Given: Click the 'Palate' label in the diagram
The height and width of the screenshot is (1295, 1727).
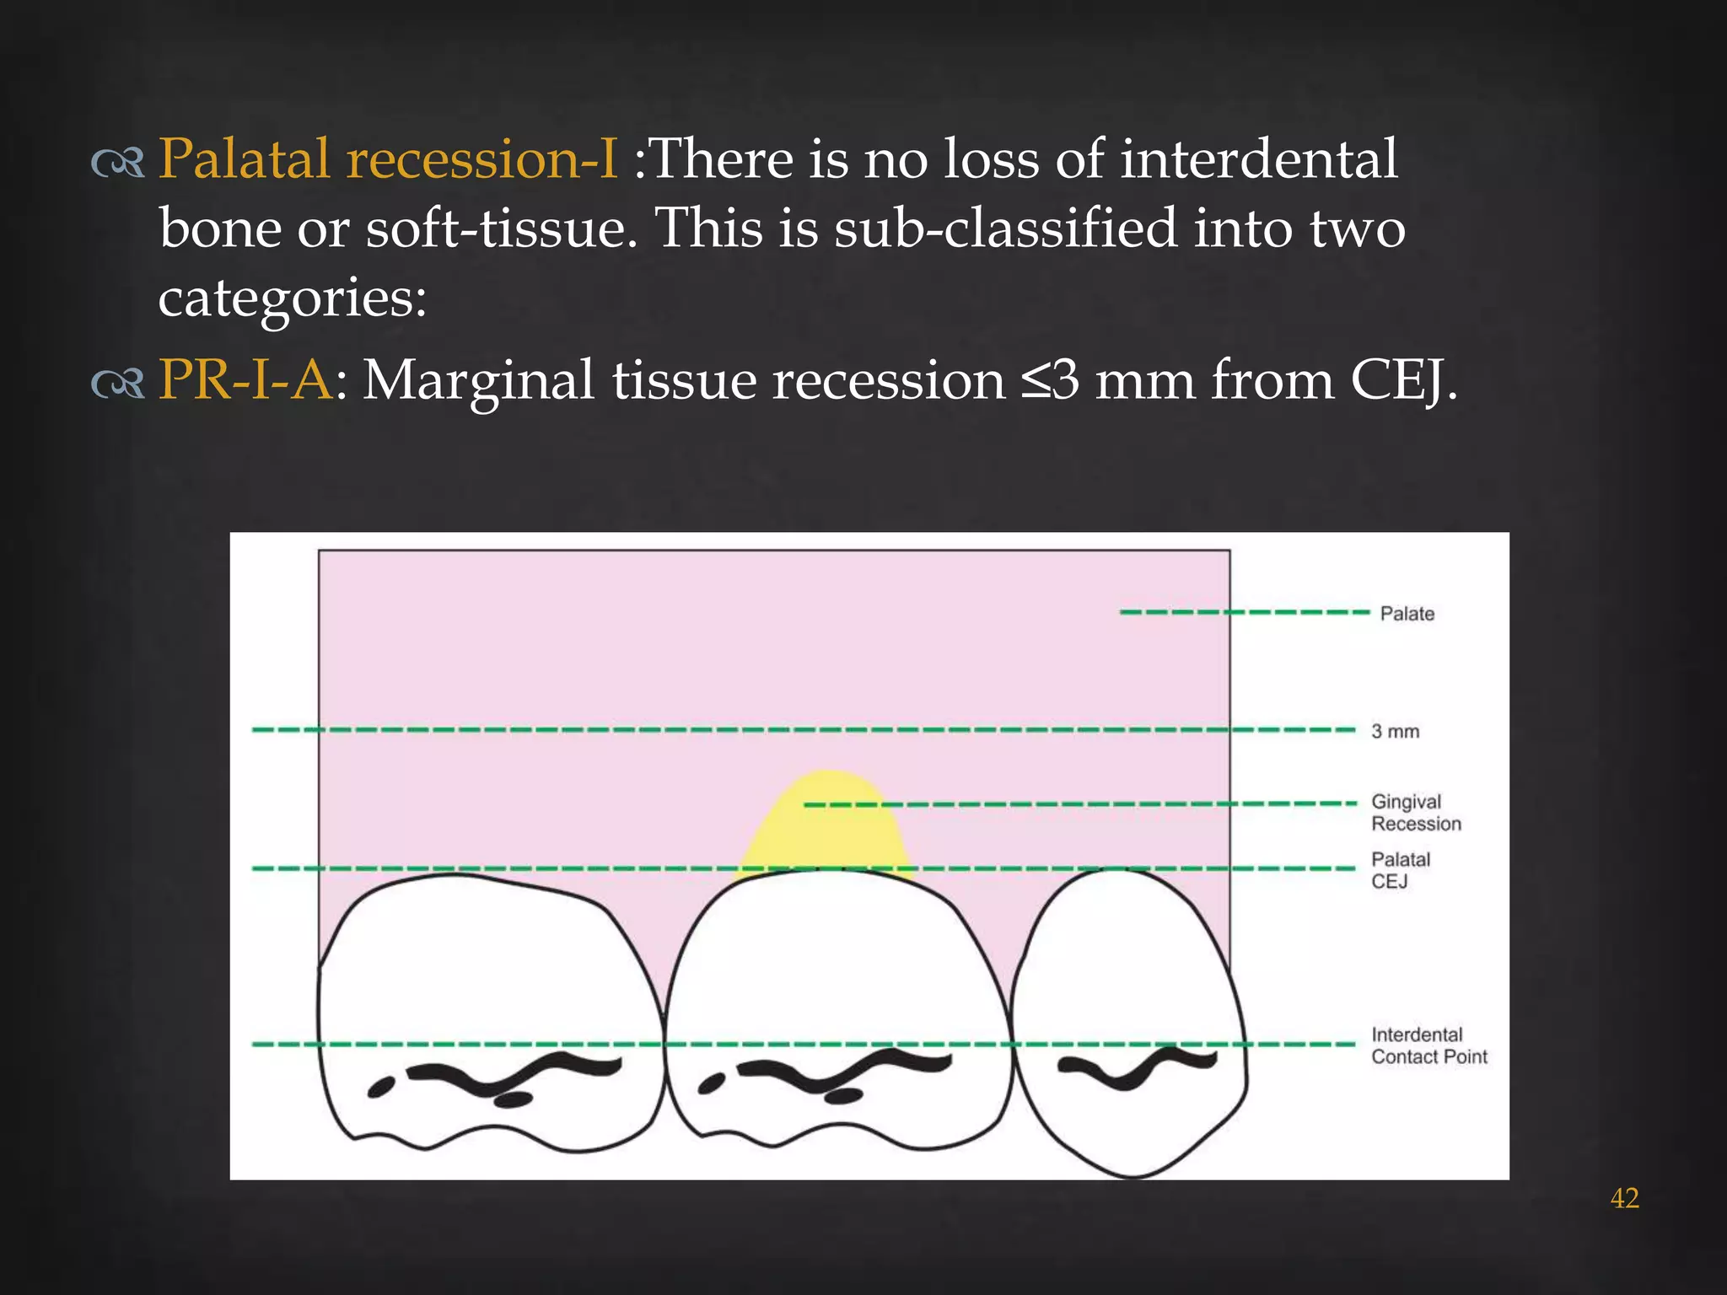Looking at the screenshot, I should (x=1407, y=614).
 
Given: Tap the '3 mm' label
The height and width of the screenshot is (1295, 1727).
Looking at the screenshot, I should (x=1395, y=731).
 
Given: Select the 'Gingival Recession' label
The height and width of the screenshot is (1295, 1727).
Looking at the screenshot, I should (x=1415, y=813).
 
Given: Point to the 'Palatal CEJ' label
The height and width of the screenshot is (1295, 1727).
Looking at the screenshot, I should (x=1400, y=870).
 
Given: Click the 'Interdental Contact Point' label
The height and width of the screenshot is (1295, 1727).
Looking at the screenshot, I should (x=1428, y=1045).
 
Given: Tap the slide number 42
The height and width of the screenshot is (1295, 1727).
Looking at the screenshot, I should (x=1624, y=1198).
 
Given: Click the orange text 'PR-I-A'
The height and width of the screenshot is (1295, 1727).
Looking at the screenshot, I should (x=245, y=379).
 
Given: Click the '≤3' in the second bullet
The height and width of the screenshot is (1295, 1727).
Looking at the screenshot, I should (x=1050, y=381).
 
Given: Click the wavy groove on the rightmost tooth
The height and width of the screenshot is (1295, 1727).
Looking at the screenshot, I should (x=1137, y=1067).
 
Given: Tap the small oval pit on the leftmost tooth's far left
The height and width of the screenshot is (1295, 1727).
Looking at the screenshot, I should (x=381, y=1088).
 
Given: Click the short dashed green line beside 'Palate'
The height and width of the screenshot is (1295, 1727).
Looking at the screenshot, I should (x=1244, y=612).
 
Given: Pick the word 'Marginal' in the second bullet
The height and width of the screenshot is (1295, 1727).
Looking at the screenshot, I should (x=478, y=381).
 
